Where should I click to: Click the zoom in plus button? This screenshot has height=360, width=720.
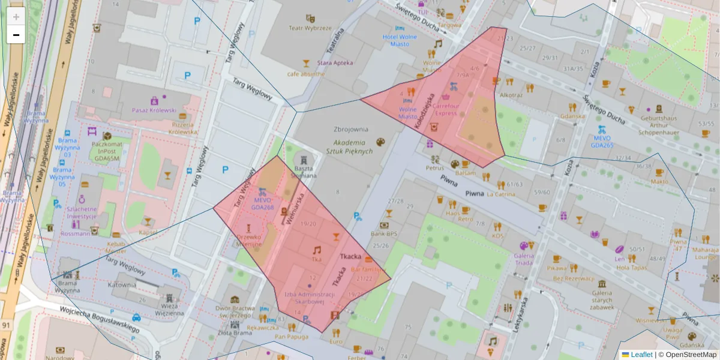coord(16,17)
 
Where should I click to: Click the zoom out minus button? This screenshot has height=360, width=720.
coord(16,35)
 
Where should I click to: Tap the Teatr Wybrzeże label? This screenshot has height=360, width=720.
coord(310,28)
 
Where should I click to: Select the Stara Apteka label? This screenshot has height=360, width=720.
coord(335,62)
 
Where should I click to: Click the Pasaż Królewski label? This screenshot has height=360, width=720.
coord(154,110)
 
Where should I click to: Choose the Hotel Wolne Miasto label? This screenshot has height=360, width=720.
coord(400,40)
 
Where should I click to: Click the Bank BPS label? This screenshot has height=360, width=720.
coord(384,234)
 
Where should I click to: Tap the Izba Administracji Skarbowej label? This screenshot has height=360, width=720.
coord(309,298)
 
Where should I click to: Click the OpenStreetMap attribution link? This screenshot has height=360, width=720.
coord(690,355)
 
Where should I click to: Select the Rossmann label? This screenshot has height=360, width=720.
coord(74,234)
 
